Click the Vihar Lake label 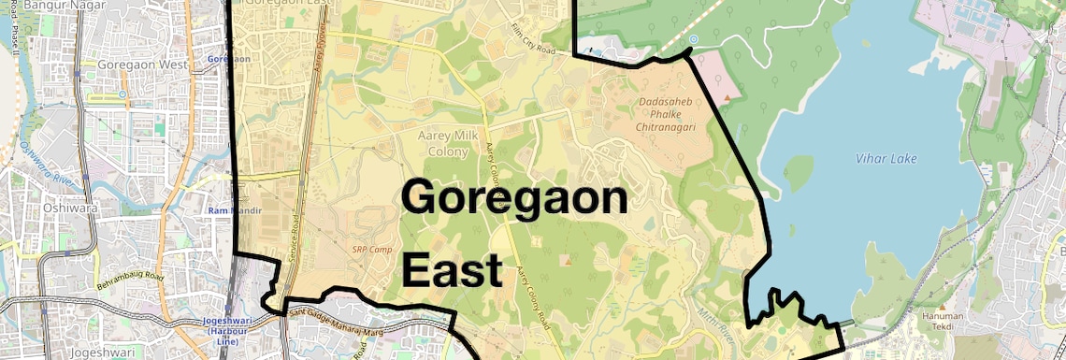click(886, 159)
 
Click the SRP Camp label click(371, 250)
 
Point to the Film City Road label click(534, 37)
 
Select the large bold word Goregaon click(514, 198)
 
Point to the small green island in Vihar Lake click(798, 172)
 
